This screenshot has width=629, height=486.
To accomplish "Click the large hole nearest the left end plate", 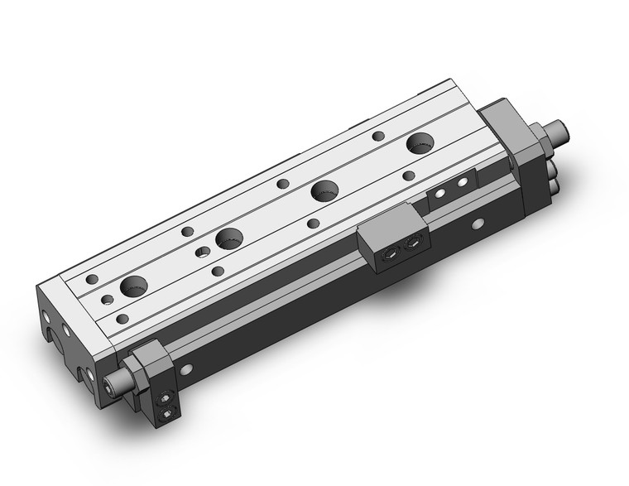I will (133, 287).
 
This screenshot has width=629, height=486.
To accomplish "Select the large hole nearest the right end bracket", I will (421, 143).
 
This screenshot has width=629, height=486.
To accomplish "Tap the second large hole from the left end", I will (228, 239).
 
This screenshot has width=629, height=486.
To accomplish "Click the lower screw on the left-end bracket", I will (169, 413).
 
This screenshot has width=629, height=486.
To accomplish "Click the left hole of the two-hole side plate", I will (440, 194).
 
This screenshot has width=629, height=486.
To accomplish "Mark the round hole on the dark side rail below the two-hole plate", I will (478, 224).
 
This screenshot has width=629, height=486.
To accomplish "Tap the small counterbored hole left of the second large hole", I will (202, 250).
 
